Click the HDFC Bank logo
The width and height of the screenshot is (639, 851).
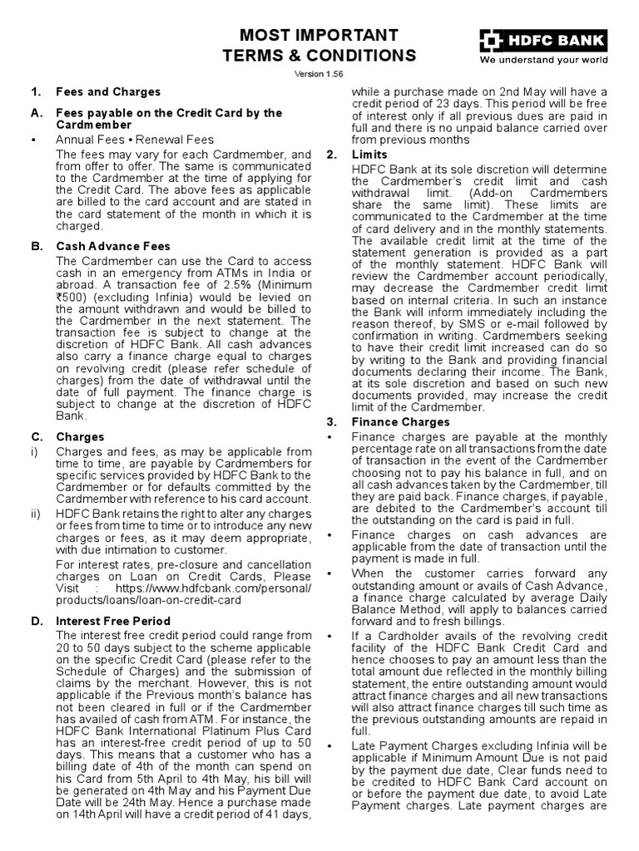(542, 40)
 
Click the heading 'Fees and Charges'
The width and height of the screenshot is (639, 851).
(107, 91)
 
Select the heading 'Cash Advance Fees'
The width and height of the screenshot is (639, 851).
(112, 246)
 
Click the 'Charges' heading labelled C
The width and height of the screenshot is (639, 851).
(80, 436)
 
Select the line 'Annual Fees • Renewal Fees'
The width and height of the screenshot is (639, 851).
(135, 140)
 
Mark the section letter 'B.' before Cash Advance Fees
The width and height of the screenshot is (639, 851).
(37, 246)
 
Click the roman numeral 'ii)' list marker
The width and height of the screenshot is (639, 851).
(36, 514)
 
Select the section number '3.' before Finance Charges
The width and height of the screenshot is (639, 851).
(330, 422)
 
